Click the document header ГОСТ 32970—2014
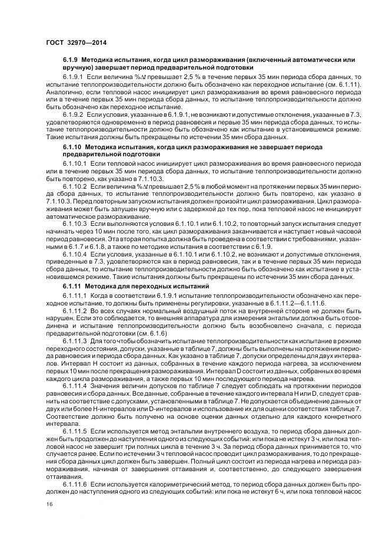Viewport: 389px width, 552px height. pos(72,42)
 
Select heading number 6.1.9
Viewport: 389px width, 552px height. pos(71,61)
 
